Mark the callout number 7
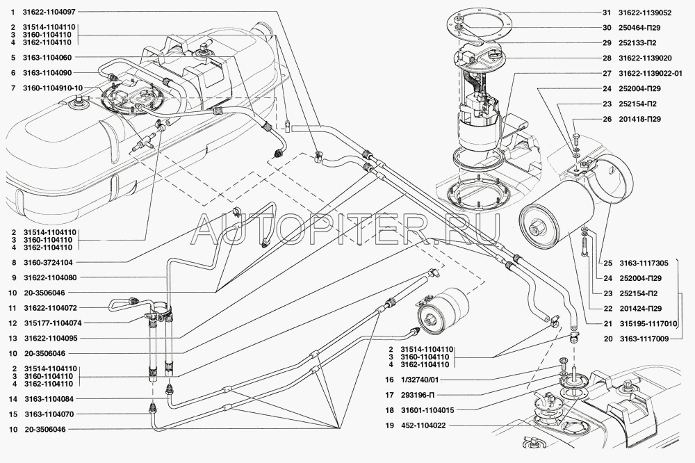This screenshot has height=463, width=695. (x=13, y=88)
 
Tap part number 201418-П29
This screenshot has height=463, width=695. (x=643, y=119)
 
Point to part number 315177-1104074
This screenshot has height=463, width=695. (x=52, y=323)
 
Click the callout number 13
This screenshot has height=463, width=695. (x=13, y=339)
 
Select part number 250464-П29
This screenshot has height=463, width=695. (x=641, y=29)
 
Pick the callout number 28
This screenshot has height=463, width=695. (x=606, y=58)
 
